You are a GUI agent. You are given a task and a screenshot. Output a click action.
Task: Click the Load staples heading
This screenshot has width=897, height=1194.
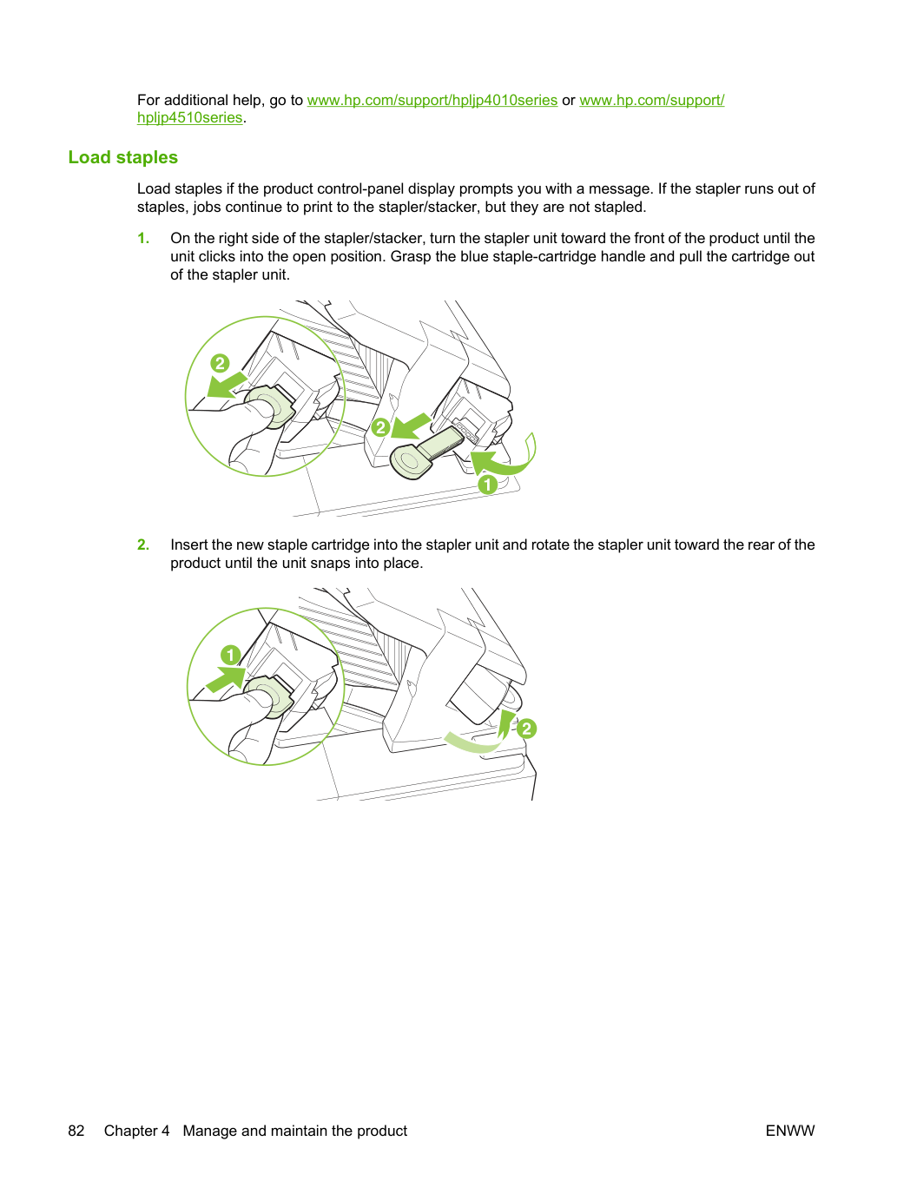pos(123,157)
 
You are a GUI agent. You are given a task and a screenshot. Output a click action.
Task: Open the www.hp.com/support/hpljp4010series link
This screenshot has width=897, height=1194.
pos(432,100)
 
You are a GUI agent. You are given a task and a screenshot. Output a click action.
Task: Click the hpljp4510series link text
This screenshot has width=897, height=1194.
pos(189,117)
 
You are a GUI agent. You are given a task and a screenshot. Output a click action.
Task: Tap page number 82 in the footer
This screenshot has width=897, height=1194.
pos(76,1131)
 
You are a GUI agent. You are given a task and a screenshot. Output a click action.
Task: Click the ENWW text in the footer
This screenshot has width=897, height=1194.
pos(790,1131)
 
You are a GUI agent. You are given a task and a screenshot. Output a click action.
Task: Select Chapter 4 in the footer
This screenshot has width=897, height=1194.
pos(136,1131)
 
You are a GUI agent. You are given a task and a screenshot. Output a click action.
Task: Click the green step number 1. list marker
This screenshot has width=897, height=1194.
pos(143,238)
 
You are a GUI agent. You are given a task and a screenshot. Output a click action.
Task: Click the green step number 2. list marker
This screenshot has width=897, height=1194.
pos(143,544)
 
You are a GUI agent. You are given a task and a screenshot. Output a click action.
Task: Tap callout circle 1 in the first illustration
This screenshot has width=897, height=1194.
pos(487,484)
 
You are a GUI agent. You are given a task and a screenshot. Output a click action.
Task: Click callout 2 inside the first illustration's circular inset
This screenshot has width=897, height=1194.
pos(220,363)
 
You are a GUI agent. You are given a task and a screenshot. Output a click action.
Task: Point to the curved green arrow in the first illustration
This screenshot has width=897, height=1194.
pos(506,457)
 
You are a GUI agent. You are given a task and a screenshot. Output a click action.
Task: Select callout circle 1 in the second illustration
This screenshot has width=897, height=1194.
pos(231,655)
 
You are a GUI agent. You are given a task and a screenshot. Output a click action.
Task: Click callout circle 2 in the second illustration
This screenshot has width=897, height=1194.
pos(526,729)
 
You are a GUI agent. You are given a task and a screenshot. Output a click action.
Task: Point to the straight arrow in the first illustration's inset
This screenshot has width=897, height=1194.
pos(227,386)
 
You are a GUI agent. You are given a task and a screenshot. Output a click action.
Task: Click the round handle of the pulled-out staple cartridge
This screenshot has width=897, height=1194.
pos(409,463)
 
